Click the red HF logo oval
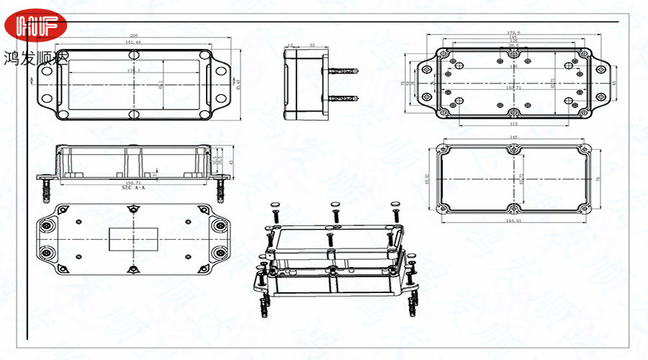(36, 27)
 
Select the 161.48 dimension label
(133, 42)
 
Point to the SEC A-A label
(134, 188)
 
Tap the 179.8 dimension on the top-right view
(513, 32)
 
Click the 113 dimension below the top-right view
(513, 125)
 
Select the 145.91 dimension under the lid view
(513, 220)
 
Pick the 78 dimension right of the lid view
(597, 179)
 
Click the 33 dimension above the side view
(311, 45)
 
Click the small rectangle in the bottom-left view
(132, 239)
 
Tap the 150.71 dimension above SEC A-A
(134, 183)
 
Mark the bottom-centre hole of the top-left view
(134, 114)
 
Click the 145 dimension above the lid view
(513, 137)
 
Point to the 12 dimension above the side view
(289, 45)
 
